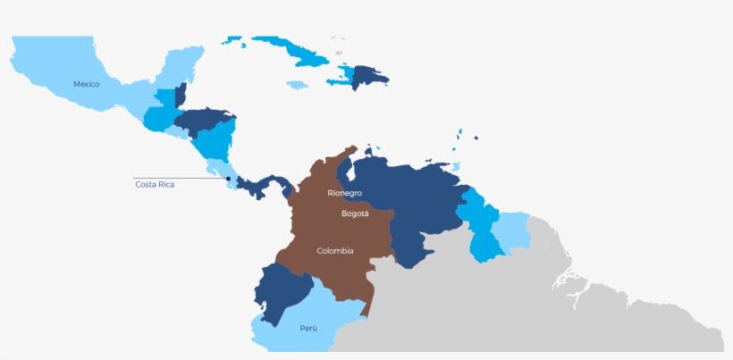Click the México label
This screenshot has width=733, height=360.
tap(86, 84)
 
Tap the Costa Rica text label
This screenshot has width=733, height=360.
tap(155, 184)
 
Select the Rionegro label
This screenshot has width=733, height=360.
tap(344, 193)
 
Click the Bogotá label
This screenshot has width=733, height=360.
tap(355, 213)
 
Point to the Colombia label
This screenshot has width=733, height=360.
tap(335, 250)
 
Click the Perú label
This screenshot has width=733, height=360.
tap(308, 328)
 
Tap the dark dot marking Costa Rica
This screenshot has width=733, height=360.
tap(229, 179)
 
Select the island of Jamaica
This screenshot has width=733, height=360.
tap(297, 85)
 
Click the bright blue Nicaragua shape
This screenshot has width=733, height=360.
tap(215, 140)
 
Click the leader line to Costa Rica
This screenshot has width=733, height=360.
tap(179, 179)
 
